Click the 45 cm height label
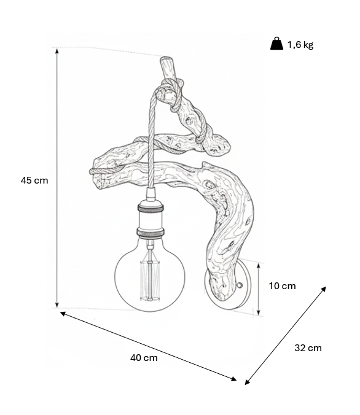tap(34, 180)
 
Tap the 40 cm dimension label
tap(144, 358)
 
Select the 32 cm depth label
tap(308, 347)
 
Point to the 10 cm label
tap(282, 286)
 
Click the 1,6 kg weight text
tap(300, 45)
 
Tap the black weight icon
tap(276, 44)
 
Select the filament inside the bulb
tap(150, 280)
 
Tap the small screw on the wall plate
tap(240, 285)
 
